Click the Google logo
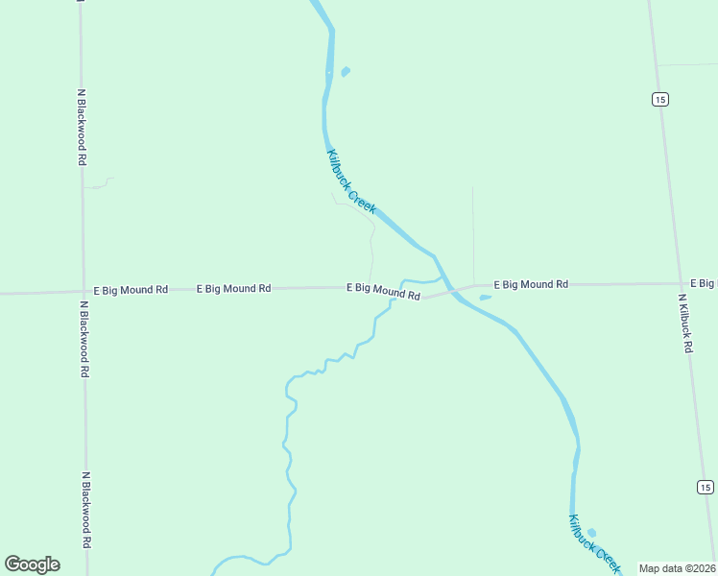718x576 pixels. tap(32, 564)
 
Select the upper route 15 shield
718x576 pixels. tap(659, 99)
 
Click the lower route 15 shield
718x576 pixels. tap(705, 488)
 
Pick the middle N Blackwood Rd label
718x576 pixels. tap(84, 339)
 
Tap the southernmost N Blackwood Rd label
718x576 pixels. tap(85, 509)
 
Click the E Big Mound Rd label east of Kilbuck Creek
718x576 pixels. tap(531, 285)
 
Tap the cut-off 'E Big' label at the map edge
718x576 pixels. tap(703, 283)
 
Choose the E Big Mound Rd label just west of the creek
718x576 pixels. tap(383, 291)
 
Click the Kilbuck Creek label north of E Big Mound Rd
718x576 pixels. tap(350, 181)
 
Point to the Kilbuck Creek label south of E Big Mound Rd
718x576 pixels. tap(594, 544)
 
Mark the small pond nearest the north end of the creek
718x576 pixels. tap(346, 71)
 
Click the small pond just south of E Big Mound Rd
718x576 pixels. tap(485, 298)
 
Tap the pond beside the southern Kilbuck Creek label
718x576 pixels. tap(591, 533)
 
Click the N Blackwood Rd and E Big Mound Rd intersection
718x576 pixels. tap(84, 291)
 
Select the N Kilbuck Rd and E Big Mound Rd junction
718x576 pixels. tap(681, 284)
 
